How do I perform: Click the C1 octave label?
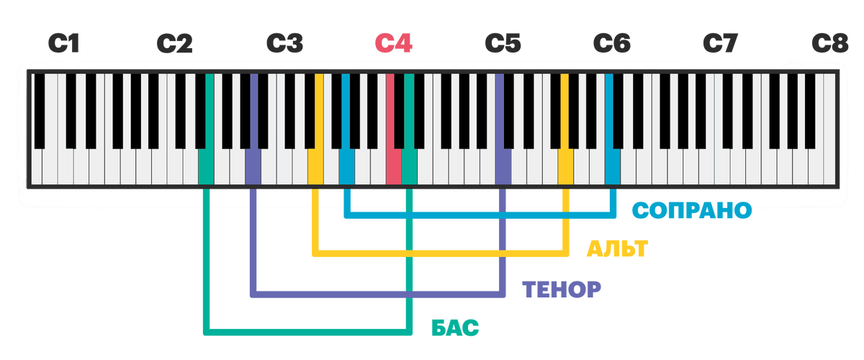click(x=63, y=45)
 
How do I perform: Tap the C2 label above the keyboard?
click(x=174, y=45)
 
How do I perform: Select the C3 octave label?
click(x=284, y=45)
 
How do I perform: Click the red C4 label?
click(x=395, y=45)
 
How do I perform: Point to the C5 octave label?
click(x=503, y=45)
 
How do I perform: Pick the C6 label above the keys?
click(x=612, y=45)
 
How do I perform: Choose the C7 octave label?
click(x=721, y=45)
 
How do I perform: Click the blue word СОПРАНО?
click(x=691, y=210)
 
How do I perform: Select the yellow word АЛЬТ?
click(x=617, y=250)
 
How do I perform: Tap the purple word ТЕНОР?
click(x=562, y=289)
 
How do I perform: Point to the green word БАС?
click(x=455, y=328)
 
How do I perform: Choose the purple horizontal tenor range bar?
click(x=331, y=294)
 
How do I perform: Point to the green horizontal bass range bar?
click(x=302, y=332)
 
